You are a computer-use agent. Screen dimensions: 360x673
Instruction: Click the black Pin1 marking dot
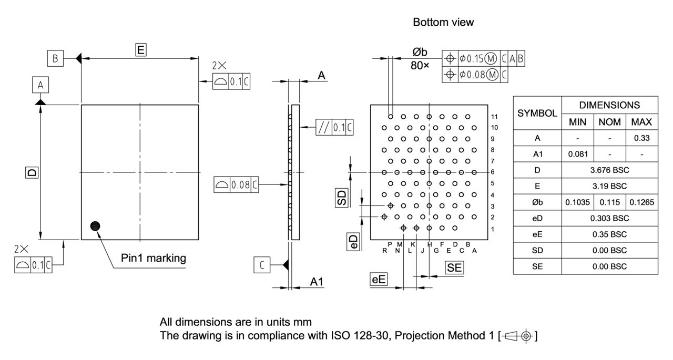pos(95,226)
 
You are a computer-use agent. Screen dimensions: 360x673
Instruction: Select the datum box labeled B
pos(55,58)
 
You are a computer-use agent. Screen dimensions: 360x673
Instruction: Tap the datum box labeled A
pos(40,84)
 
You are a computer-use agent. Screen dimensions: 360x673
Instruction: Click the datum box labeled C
pos(261,265)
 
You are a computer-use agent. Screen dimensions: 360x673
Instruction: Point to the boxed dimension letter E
pos(140,50)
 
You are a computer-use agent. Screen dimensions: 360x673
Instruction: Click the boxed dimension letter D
pos(32,172)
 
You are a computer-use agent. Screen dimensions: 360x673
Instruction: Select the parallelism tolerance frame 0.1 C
pos(334,127)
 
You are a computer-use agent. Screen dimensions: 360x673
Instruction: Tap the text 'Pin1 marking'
pos(153,258)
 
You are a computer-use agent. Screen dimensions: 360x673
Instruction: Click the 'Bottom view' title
pos(443,22)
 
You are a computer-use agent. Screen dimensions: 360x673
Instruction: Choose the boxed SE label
pos(455,268)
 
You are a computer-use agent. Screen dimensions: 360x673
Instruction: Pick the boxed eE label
pos(379,280)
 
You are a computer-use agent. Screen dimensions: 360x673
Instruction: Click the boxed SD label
pos(342,198)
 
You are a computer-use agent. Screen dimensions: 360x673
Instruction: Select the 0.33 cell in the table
pos(641,138)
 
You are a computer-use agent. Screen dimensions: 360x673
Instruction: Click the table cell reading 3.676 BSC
pos(609,170)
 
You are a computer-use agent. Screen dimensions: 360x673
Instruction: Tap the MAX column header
pos(641,122)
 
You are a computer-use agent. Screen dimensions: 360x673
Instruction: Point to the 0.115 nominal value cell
pos(609,202)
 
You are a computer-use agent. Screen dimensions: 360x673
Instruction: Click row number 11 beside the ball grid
pos(494,116)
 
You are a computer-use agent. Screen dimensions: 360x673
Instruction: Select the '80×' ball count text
pos(420,66)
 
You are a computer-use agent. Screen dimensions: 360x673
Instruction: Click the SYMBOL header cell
pos(537,113)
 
